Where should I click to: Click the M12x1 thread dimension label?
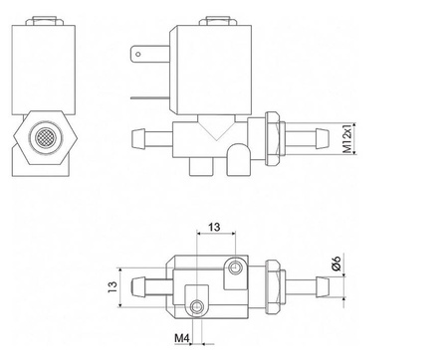coord(347,138)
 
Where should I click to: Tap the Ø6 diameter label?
coord(336,264)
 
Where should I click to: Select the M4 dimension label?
coord(182,338)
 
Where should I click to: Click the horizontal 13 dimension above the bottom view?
coord(214,227)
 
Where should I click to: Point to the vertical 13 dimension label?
coord(112,286)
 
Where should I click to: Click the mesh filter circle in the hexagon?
coord(46,137)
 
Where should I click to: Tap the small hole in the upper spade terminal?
coord(138,55)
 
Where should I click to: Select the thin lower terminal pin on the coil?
coord(150,98)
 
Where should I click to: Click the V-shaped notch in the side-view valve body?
coord(216,132)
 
